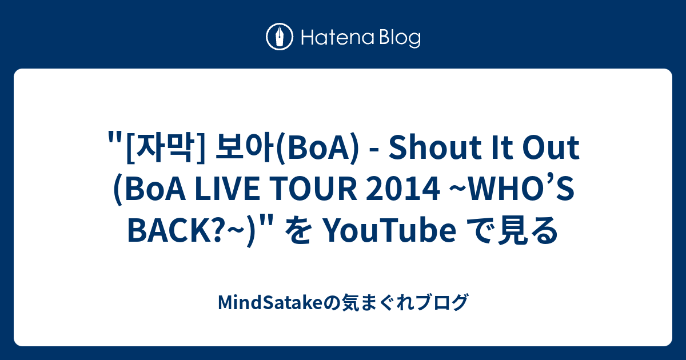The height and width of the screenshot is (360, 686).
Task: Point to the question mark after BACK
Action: [x=213, y=231]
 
